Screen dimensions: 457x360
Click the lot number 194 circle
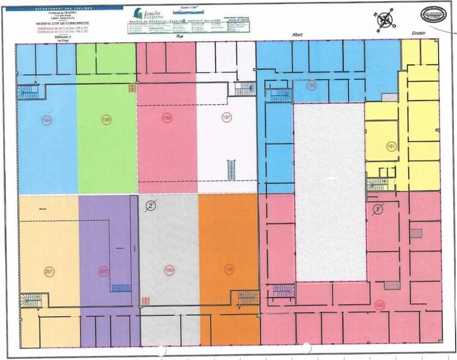[x=46, y=120]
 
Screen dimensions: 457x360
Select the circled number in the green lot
[x=107, y=119]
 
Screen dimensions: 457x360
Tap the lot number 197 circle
[x=227, y=117]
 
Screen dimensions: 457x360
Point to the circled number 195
[x=311, y=86]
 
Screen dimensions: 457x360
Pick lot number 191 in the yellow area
[x=391, y=146]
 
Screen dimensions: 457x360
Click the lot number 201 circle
[x=49, y=271]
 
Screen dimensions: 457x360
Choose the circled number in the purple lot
[x=104, y=270]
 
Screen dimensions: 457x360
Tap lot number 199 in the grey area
[x=169, y=269]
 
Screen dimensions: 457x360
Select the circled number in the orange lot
[x=229, y=269]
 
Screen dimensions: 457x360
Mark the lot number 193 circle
[x=379, y=304]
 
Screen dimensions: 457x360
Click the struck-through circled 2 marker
[x=151, y=206]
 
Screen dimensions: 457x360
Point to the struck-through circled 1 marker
[x=378, y=209]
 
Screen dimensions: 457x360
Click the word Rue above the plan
[x=180, y=37]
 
